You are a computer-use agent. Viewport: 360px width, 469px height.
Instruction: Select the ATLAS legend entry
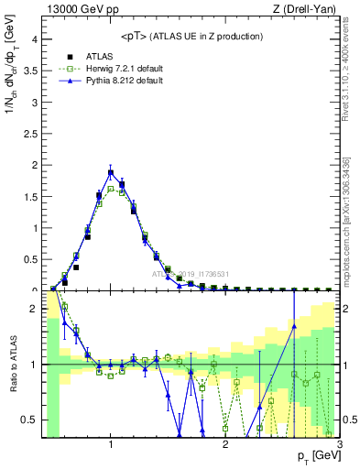click(x=96, y=55)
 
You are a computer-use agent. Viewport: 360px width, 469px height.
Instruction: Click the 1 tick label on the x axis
click(x=111, y=444)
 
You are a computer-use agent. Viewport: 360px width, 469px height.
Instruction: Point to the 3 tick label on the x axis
click(x=340, y=444)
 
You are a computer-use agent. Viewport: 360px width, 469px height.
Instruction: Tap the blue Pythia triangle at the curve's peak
click(x=111, y=172)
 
